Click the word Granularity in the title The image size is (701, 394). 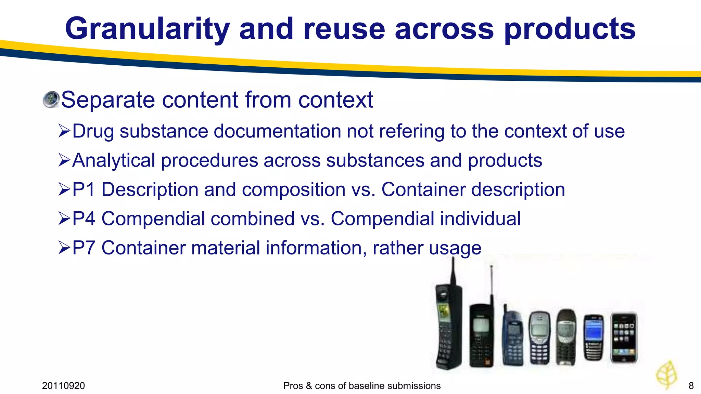[147, 29]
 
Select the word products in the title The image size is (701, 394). [570, 29]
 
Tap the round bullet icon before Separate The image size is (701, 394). [51, 100]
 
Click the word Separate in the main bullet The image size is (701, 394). [108, 100]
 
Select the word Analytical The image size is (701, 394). [114, 160]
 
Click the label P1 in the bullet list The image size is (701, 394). [84, 189]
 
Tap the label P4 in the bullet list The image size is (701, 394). [84, 219]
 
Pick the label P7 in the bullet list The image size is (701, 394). [84, 248]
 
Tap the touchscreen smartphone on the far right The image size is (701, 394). [624, 338]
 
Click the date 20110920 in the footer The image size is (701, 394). [63, 386]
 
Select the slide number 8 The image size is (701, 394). [691, 386]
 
